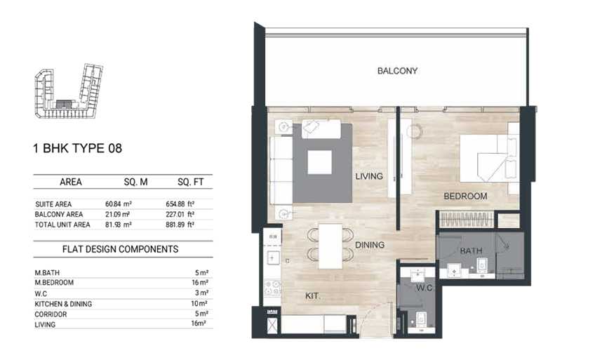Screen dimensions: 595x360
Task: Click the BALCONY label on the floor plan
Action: pos(397,71)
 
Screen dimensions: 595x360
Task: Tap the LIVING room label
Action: pos(369,176)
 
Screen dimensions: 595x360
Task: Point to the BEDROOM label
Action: pos(465,196)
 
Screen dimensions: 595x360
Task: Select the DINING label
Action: pos(370,245)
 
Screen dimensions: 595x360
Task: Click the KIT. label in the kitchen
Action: pos(312,296)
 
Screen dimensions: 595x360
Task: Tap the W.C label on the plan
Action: pos(424,288)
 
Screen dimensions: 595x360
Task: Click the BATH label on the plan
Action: pos(471,251)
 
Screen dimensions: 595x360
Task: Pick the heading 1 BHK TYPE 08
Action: pos(78,148)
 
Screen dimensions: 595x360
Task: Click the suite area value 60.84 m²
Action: pos(119,204)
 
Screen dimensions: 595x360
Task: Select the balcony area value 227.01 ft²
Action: pos(180,214)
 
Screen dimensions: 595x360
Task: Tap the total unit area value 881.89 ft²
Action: pos(180,225)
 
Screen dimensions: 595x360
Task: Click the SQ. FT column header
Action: pos(190,182)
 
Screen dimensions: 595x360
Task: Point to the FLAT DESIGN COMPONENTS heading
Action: pos(120,249)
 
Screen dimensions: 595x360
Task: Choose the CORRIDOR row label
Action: pos(51,314)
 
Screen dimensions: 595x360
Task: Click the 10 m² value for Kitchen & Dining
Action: pos(199,303)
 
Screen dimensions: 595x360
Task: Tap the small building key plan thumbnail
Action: pos(69,91)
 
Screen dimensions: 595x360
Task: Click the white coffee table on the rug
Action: pos(319,162)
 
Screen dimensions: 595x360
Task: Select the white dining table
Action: pos(330,246)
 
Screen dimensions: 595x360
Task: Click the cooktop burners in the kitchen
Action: pos(272,288)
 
